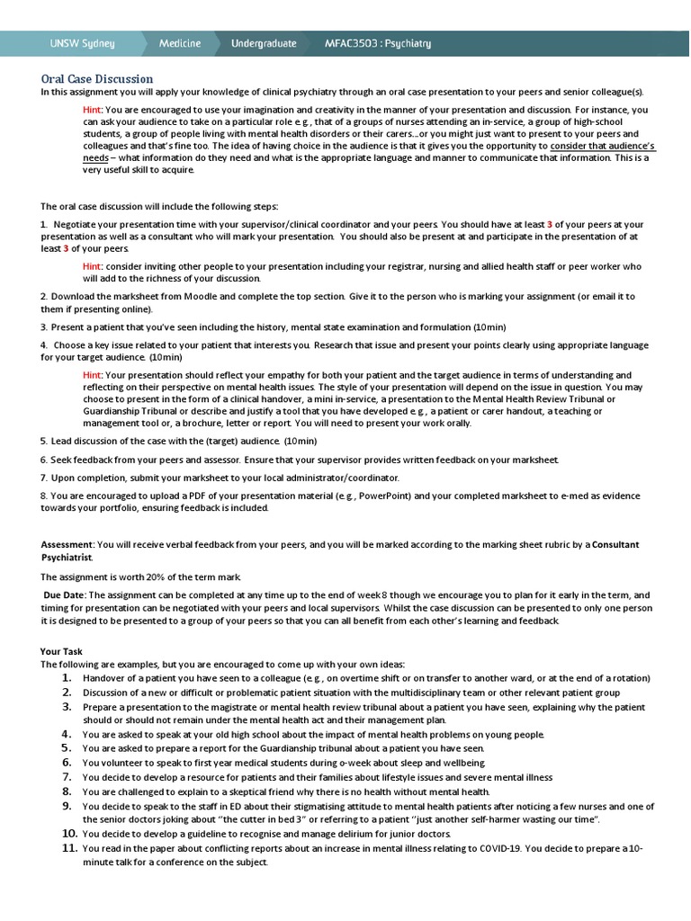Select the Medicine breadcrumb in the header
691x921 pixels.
point(180,43)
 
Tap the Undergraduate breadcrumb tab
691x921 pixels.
point(264,43)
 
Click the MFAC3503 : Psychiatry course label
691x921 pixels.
point(378,43)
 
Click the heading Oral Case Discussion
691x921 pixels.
point(97,79)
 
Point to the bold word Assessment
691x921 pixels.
point(67,544)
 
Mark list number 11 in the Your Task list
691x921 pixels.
point(67,848)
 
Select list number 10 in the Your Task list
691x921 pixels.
point(67,834)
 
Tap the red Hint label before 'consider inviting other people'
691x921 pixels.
point(93,267)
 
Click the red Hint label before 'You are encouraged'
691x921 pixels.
point(93,110)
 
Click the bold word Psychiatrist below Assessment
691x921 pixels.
point(67,558)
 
